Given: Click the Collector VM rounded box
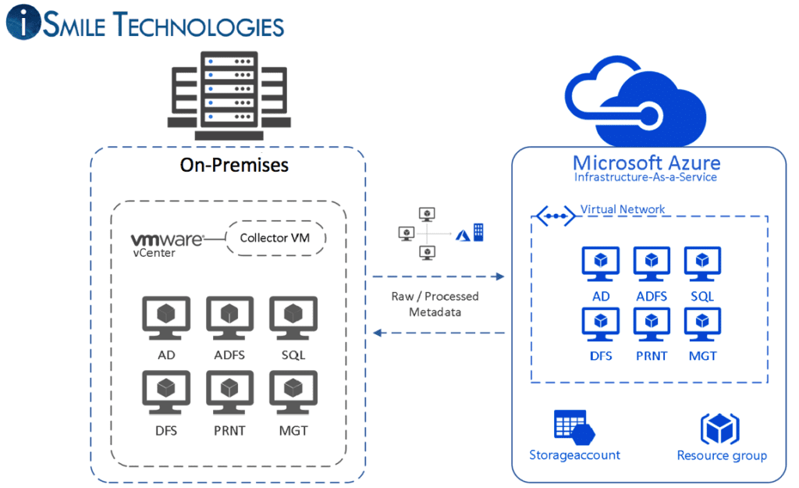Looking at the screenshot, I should tap(275, 238).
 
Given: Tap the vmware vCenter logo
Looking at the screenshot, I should tap(165, 243).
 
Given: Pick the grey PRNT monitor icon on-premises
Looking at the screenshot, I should tap(229, 393).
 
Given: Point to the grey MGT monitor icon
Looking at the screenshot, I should tap(293, 393).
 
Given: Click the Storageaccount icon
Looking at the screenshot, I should tap(574, 426).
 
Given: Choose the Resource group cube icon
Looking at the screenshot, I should tap(719, 428).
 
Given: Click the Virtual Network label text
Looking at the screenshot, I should tap(623, 209).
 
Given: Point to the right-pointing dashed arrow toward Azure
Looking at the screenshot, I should tap(437, 276).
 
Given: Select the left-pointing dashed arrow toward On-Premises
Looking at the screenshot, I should tap(437, 333).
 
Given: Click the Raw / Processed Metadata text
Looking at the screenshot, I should tap(435, 305).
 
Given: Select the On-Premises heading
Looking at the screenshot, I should tap(234, 165).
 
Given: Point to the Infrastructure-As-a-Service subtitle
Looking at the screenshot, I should tap(645, 177).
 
